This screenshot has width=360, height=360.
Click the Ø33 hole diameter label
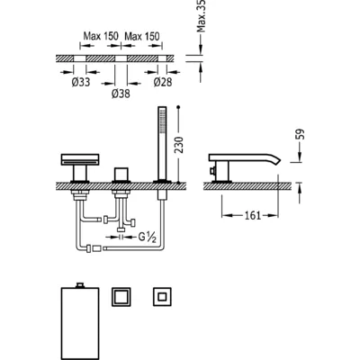click(x=81, y=82)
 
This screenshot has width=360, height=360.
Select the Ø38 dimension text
click(x=121, y=94)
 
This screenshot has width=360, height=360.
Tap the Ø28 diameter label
click(x=163, y=82)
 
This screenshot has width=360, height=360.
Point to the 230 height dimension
click(x=179, y=145)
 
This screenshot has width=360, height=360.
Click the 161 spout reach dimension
click(x=253, y=215)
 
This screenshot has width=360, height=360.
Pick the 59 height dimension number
click(x=301, y=134)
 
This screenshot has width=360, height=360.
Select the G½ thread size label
click(x=148, y=238)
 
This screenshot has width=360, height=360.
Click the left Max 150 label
click(x=101, y=36)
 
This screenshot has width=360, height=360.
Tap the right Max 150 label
click(x=142, y=36)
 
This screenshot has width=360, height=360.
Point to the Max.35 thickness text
click(x=202, y=15)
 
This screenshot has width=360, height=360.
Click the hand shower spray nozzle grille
click(x=162, y=121)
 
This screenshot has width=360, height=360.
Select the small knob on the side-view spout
click(x=212, y=171)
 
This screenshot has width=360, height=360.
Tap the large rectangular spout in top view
click(x=80, y=323)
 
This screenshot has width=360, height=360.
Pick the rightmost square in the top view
click(x=162, y=297)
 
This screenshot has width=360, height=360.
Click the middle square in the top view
click(x=121, y=297)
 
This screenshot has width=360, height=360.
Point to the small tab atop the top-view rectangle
click(x=80, y=285)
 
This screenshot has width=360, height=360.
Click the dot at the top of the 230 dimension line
click(x=179, y=107)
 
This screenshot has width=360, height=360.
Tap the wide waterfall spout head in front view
click(x=80, y=159)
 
